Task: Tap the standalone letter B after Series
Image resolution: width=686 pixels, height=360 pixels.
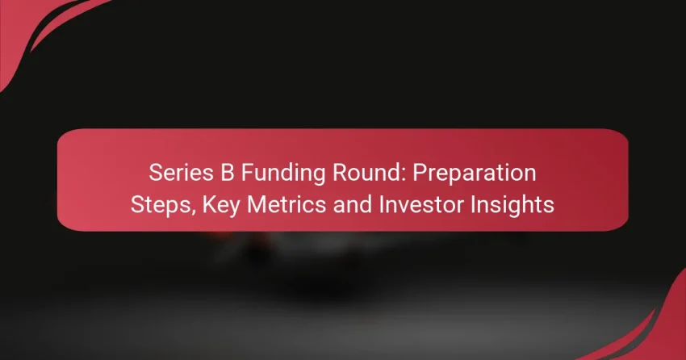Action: click(227, 173)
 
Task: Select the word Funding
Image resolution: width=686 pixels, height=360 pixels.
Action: click(282, 174)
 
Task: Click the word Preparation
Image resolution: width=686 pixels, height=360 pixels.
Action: click(475, 174)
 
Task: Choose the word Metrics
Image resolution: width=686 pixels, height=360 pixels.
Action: click(287, 204)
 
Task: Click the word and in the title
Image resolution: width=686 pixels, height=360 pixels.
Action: click(352, 204)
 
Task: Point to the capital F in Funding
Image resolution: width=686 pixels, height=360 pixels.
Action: click(247, 173)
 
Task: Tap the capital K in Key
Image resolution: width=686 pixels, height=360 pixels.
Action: click(209, 204)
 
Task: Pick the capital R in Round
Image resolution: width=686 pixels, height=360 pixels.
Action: click(339, 173)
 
